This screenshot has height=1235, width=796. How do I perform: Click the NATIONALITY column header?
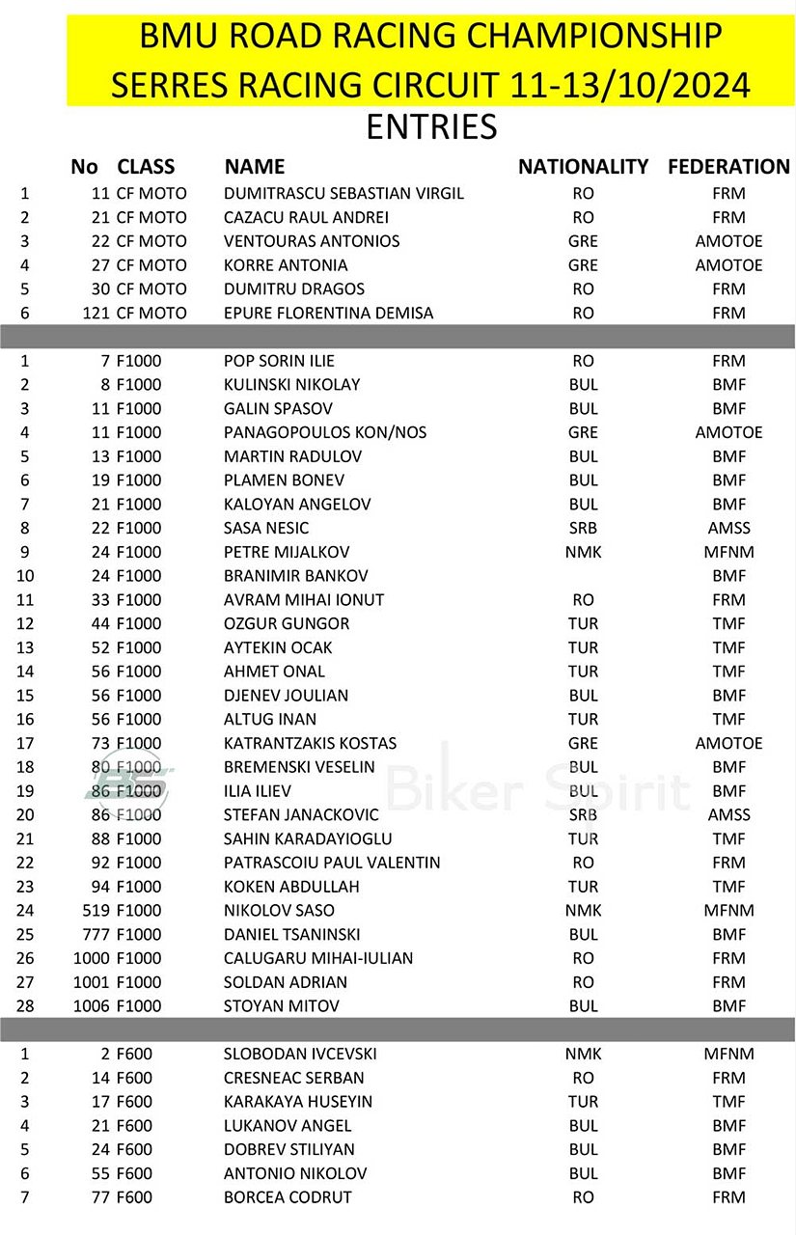pyautogui.click(x=583, y=167)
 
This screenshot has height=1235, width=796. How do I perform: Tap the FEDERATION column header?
pyautogui.click(x=728, y=167)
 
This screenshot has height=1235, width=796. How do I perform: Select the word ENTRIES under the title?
pyautogui.click(x=431, y=126)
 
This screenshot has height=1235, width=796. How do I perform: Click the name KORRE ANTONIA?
pyautogui.click(x=286, y=265)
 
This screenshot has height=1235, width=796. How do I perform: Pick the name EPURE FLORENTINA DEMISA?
pyautogui.click(x=328, y=313)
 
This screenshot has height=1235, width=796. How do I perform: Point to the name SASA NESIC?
pyautogui.click(x=266, y=528)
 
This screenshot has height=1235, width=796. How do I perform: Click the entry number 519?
pyautogui.click(x=96, y=910)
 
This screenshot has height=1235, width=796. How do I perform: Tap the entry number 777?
pyautogui.click(x=96, y=934)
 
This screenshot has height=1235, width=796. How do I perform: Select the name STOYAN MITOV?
pyautogui.click(x=282, y=1006)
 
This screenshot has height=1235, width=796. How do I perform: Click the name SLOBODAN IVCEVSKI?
pyautogui.click(x=300, y=1055)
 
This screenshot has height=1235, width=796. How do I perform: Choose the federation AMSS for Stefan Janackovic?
pyautogui.click(x=728, y=814)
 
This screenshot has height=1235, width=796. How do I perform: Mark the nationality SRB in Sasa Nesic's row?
pyautogui.click(x=583, y=528)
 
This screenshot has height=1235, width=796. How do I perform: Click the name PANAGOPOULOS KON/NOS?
pyautogui.click(x=325, y=432)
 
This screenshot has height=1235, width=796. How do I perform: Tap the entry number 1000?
pyautogui.click(x=92, y=958)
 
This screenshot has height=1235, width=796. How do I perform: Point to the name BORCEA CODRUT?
pyautogui.click(x=288, y=1197)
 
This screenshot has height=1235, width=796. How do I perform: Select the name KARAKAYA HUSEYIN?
pyautogui.click(x=298, y=1102)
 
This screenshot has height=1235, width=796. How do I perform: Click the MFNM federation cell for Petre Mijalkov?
pyautogui.click(x=728, y=552)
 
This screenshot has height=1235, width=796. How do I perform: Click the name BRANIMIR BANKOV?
pyautogui.click(x=295, y=576)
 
